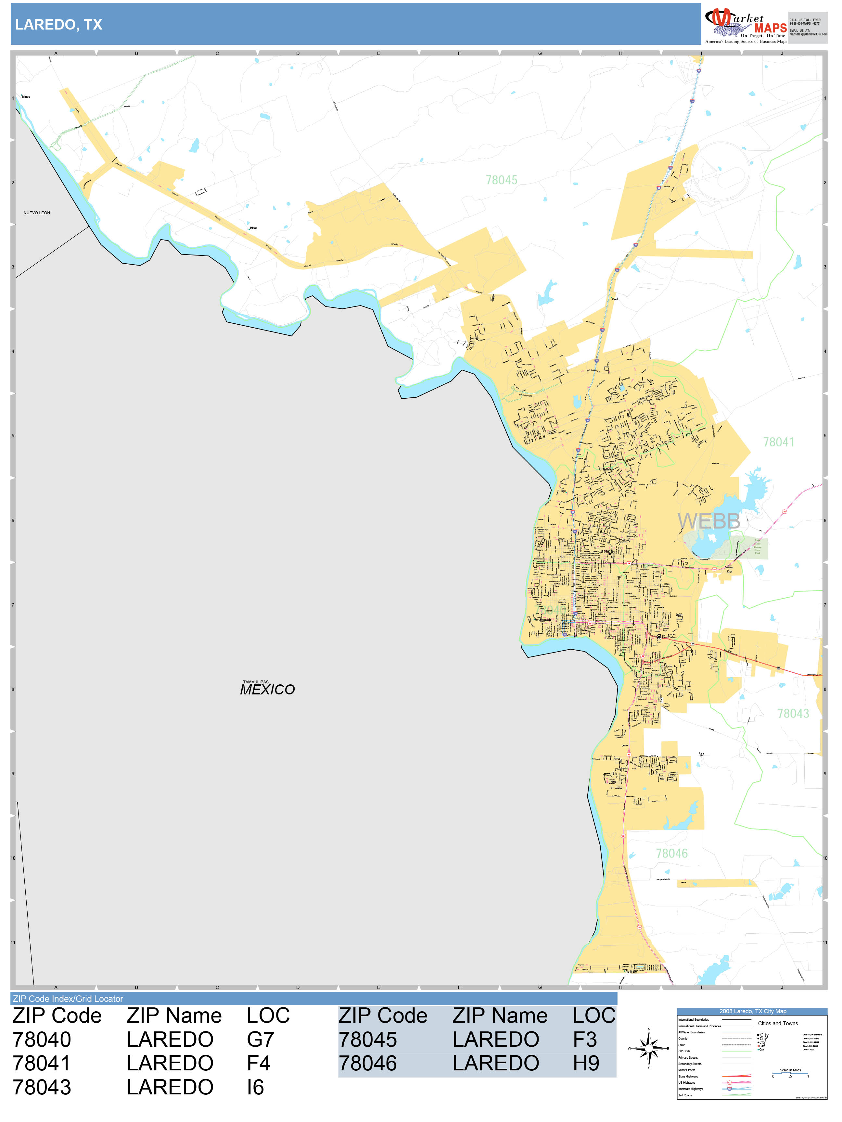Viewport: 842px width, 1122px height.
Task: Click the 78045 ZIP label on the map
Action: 502,181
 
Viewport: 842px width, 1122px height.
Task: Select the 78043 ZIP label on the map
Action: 793,714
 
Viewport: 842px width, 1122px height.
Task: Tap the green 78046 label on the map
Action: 671,854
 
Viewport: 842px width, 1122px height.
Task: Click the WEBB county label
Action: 708,521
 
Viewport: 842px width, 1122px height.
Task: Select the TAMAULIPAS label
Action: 256,682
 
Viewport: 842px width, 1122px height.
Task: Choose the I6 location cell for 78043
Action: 255,1087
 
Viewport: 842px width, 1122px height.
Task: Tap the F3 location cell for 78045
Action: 585,1039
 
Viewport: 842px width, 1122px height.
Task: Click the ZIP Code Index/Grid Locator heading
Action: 68,999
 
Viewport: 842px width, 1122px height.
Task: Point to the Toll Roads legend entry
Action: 685,1095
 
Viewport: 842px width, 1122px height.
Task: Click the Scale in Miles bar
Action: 790,1072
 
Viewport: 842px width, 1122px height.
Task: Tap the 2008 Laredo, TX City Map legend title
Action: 752,1011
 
